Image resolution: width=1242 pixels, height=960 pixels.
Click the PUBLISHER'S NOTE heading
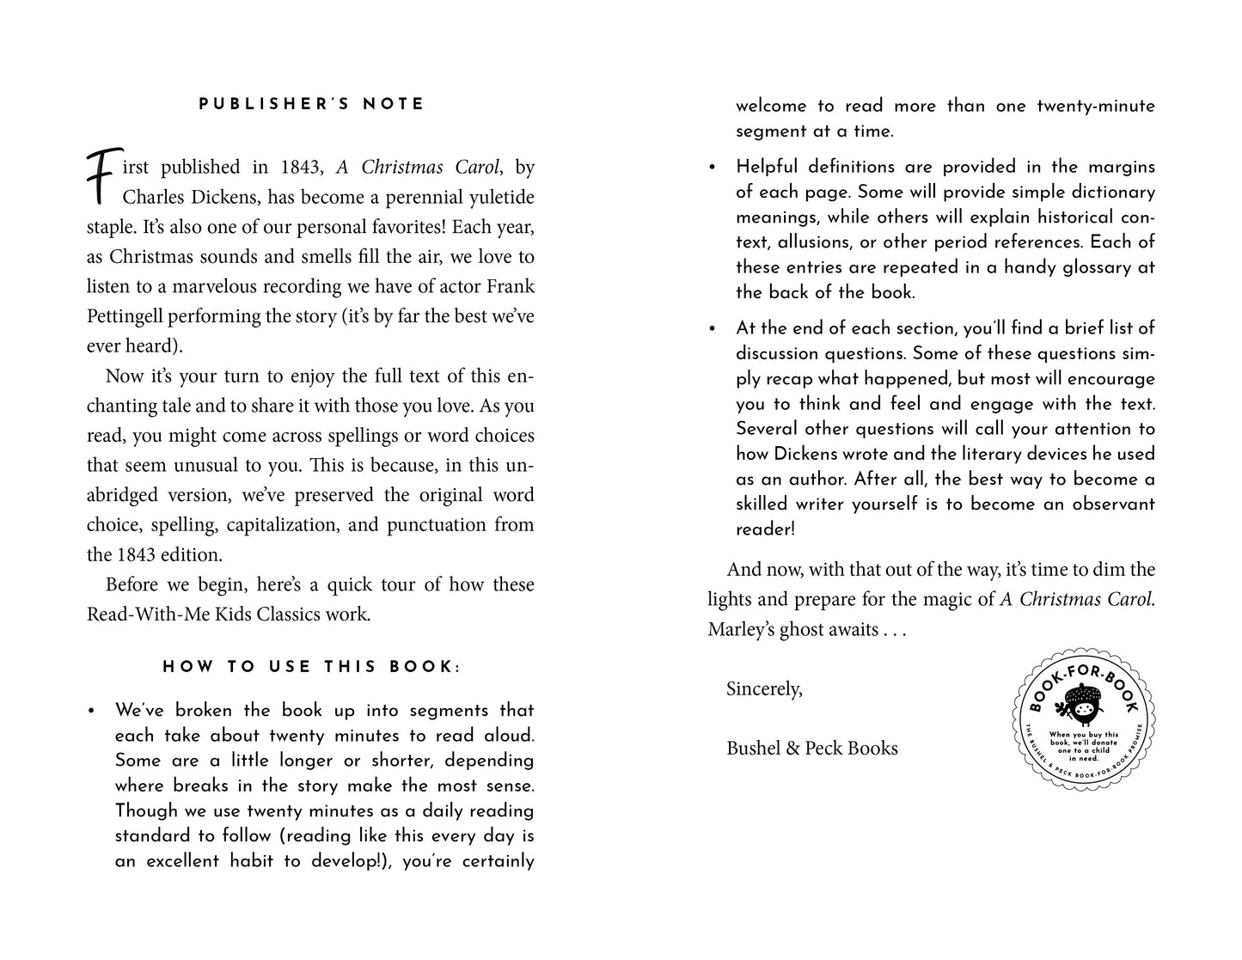click(311, 104)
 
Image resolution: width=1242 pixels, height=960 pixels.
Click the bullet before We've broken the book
click(91, 711)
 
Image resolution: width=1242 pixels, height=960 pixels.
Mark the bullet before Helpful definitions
click(712, 167)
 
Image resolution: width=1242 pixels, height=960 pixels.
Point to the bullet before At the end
click(712, 327)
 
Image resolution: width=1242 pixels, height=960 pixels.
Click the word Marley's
click(741, 629)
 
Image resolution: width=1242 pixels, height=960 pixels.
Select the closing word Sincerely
click(764, 688)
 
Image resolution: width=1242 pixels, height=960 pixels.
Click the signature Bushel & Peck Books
click(812, 748)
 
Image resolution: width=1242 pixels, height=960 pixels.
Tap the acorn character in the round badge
click(1082, 706)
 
